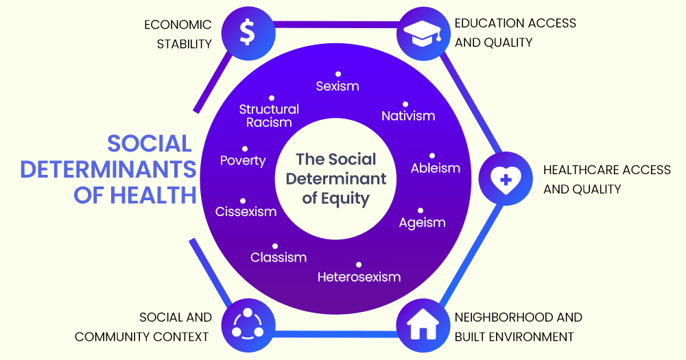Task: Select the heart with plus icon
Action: [x=505, y=179]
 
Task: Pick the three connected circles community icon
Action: [x=248, y=324]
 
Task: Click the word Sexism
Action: [x=338, y=86]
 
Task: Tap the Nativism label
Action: [x=408, y=116]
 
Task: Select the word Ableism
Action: [x=436, y=168]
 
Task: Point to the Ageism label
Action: [x=423, y=223]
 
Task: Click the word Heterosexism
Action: [x=359, y=277]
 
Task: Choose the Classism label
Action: [x=279, y=258]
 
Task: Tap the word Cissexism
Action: [x=246, y=212]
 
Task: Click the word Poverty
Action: [x=243, y=160]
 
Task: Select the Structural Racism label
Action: [x=269, y=116]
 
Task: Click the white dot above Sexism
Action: [x=338, y=73]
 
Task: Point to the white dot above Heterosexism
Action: [x=358, y=265]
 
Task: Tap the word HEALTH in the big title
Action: [x=157, y=194]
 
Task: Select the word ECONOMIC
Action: [x=178, y=25]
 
